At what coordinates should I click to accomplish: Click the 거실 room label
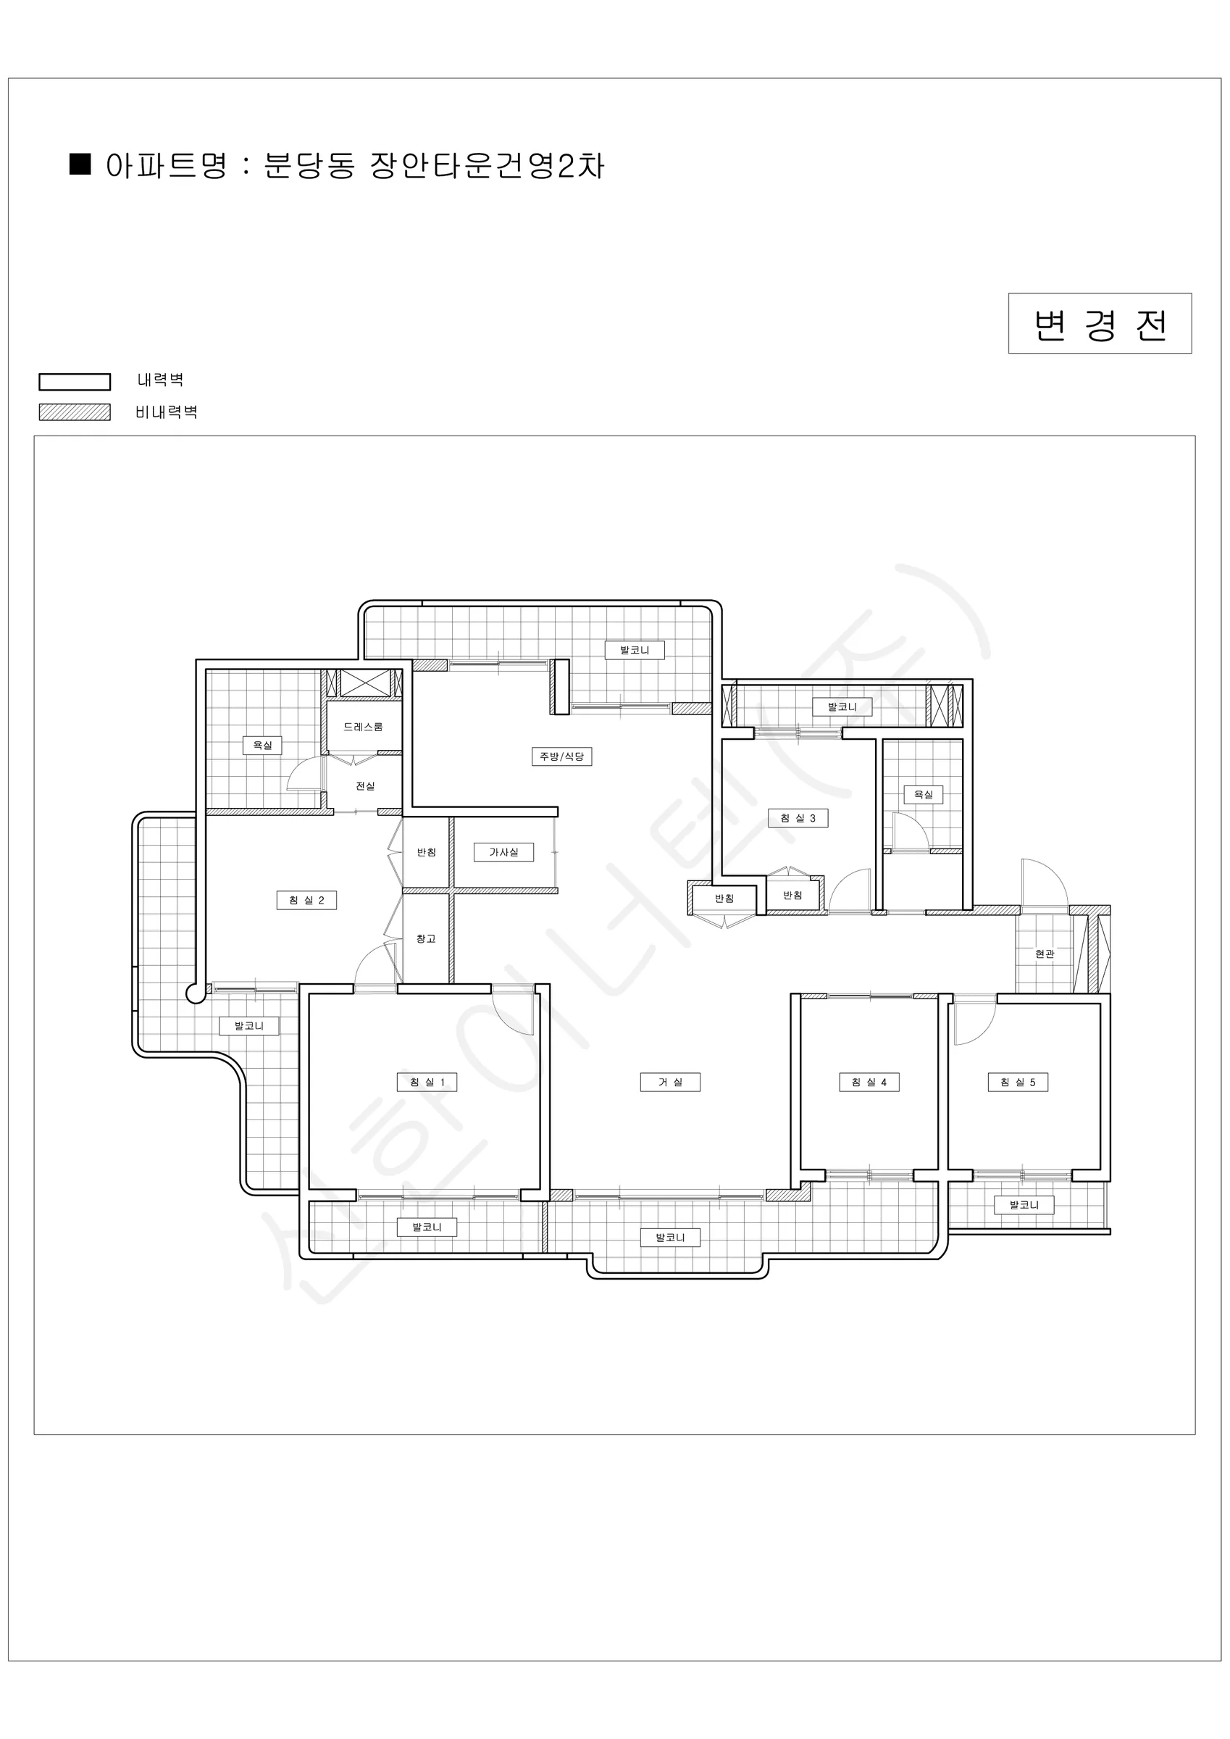pos(669,1083)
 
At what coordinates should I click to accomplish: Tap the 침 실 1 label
pos(427,1083)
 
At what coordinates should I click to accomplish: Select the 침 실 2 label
pos(306,901)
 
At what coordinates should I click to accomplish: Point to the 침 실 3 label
pos(798,819)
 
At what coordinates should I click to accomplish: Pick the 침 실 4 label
pos(869,1083)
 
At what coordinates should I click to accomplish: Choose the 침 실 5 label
pos(1018,1083)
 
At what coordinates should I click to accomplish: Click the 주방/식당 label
pos(561,756)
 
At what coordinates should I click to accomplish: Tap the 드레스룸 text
pos(363,727)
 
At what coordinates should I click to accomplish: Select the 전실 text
pos(365,786)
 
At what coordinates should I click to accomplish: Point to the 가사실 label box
pos(503,853)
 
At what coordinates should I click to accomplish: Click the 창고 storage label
pos(426,939)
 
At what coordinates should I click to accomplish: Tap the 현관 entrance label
pos(1045,954)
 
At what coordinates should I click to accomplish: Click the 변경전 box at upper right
pos(1100,323)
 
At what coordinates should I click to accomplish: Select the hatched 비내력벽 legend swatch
pos(75,412)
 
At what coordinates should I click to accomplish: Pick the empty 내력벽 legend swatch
pos(75,382)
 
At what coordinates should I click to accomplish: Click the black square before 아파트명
pos(80,164)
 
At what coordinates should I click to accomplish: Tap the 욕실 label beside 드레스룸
pos(262,746)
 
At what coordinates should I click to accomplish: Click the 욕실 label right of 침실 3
pos(924,796)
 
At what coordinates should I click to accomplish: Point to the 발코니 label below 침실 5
pos(1024,1205)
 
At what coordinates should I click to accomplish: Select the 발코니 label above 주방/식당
pos(635,651)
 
